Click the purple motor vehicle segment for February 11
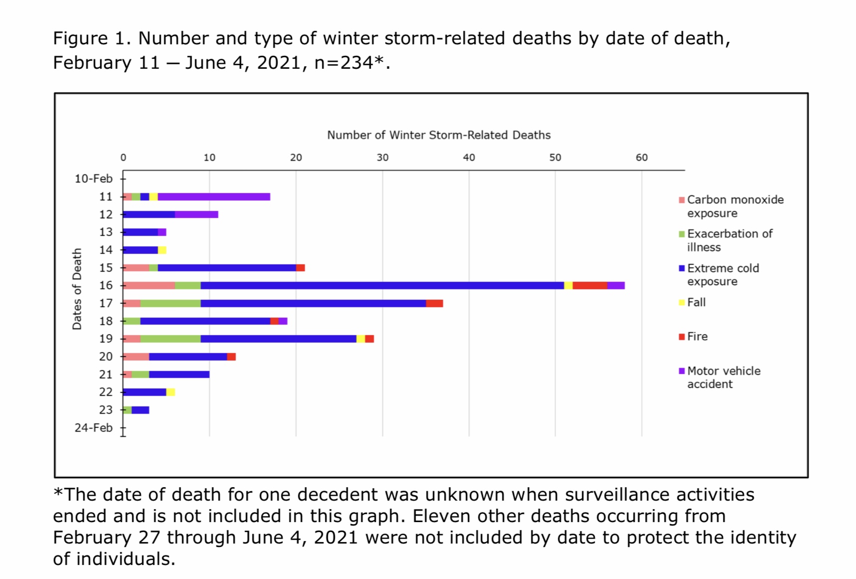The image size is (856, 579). click(214, 197)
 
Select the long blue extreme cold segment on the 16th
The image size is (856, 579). click(382, 286)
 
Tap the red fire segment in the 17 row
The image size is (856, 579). click(434, 303)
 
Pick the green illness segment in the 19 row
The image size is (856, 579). click(171, 339)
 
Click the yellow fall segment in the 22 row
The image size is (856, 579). click(171, 392)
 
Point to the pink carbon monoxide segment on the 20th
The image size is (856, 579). click(136, 357)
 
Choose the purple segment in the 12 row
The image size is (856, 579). click(197, 214)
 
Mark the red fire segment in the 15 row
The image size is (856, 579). click(300, 268)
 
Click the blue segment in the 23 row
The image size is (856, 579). click(140, 410)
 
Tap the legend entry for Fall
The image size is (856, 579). click(696, 302)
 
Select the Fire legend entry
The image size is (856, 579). click(697, 337)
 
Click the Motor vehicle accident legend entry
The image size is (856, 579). click(723, 378)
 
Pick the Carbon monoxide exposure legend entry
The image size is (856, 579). click(735, 206)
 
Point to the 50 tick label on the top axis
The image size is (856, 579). click(555, 158)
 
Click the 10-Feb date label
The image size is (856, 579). click(93, 179)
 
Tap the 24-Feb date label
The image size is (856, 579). click(93, 428)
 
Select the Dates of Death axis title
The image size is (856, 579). click(77, 289)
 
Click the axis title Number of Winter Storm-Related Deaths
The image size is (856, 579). click(438, 135)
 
